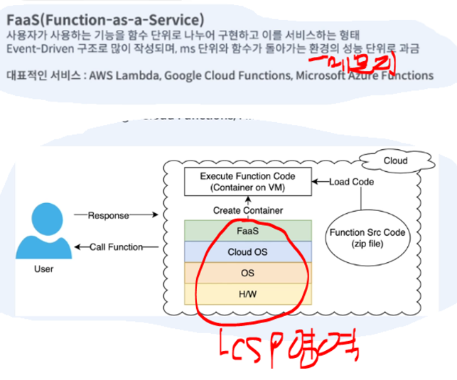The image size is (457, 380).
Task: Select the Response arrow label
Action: coord(108,213)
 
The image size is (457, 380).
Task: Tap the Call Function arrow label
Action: coord(114,247)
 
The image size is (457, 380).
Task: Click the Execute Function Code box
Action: coord(247,183)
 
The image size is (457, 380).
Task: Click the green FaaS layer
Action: coord(247,230)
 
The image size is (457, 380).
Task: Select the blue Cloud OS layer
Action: coord(247,251)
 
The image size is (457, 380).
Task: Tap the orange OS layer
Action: coord(247,272)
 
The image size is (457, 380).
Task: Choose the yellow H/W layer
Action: coord(247,293)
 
